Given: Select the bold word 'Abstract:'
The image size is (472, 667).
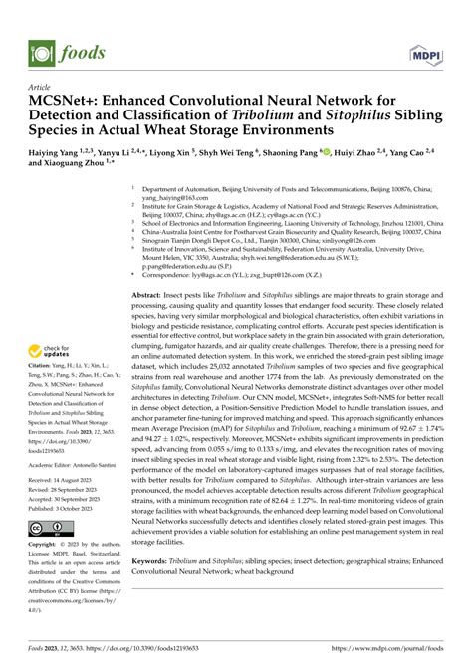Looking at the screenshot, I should click(x=145, y=298).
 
